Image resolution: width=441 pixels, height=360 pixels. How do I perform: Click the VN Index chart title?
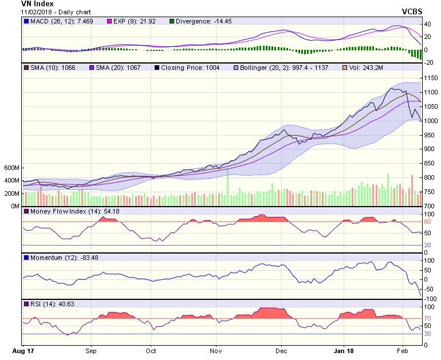coord(37,4)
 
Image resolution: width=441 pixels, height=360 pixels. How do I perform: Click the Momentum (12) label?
coord(52,258)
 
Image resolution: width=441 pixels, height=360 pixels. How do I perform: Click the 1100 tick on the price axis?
coord(431,92)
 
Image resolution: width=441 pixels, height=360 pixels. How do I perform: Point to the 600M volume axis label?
coord(11,168)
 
